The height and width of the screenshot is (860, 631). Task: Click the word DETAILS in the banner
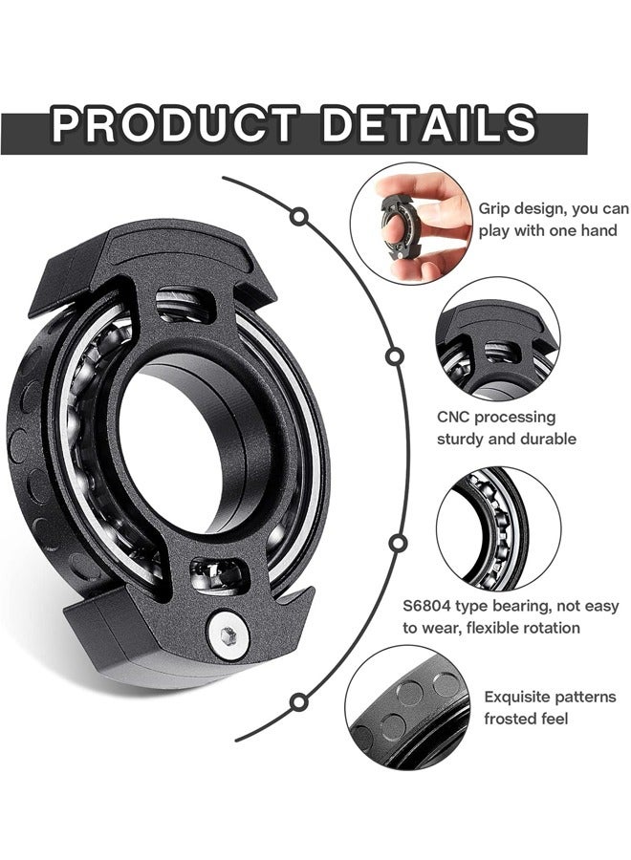(429, 125)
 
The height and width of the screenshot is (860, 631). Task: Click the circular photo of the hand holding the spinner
(410, 223)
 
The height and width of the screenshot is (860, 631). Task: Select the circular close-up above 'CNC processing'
(497, 339)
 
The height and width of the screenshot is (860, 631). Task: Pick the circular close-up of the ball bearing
(498, 527)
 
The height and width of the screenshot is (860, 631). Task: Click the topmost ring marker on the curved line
(300, 217)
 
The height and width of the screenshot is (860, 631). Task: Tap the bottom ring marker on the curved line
(299, 700)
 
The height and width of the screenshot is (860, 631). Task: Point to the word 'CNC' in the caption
(455, 418)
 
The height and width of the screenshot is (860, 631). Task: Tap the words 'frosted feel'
(526, 719)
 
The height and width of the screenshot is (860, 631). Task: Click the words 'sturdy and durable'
(506, 440)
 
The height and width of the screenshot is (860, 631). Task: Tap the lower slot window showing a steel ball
(219, 574)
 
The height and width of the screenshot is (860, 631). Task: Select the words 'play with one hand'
(548, 230)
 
